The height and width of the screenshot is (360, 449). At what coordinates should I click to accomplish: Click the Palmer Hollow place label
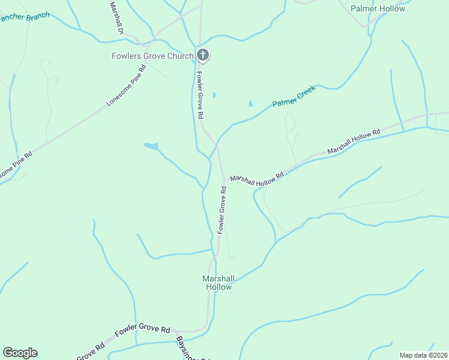point(378,8)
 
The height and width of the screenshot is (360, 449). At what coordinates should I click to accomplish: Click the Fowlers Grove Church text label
point(152,56)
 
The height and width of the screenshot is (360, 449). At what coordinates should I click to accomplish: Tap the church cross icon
point(203,56)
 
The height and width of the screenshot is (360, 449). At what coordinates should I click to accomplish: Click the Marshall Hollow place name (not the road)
point(217,283)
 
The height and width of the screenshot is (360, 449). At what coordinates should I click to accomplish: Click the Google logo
point(20,353)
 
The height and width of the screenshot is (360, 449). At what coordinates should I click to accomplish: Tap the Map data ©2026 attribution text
point(423,355)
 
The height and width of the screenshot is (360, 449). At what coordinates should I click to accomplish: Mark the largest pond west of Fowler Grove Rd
point(151,146)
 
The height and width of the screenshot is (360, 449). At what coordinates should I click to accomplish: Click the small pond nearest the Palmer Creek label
point(251,103)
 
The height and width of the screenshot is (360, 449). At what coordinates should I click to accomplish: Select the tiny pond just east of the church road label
point(215,95)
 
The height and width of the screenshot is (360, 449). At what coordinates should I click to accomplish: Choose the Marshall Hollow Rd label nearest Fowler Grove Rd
point(257,179)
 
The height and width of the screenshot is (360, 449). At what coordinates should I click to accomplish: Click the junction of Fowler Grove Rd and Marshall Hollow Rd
point(224,179)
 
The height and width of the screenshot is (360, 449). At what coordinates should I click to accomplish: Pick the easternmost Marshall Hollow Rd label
point(354,141)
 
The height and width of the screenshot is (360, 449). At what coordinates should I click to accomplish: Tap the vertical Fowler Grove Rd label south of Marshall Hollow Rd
point(221,210)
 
